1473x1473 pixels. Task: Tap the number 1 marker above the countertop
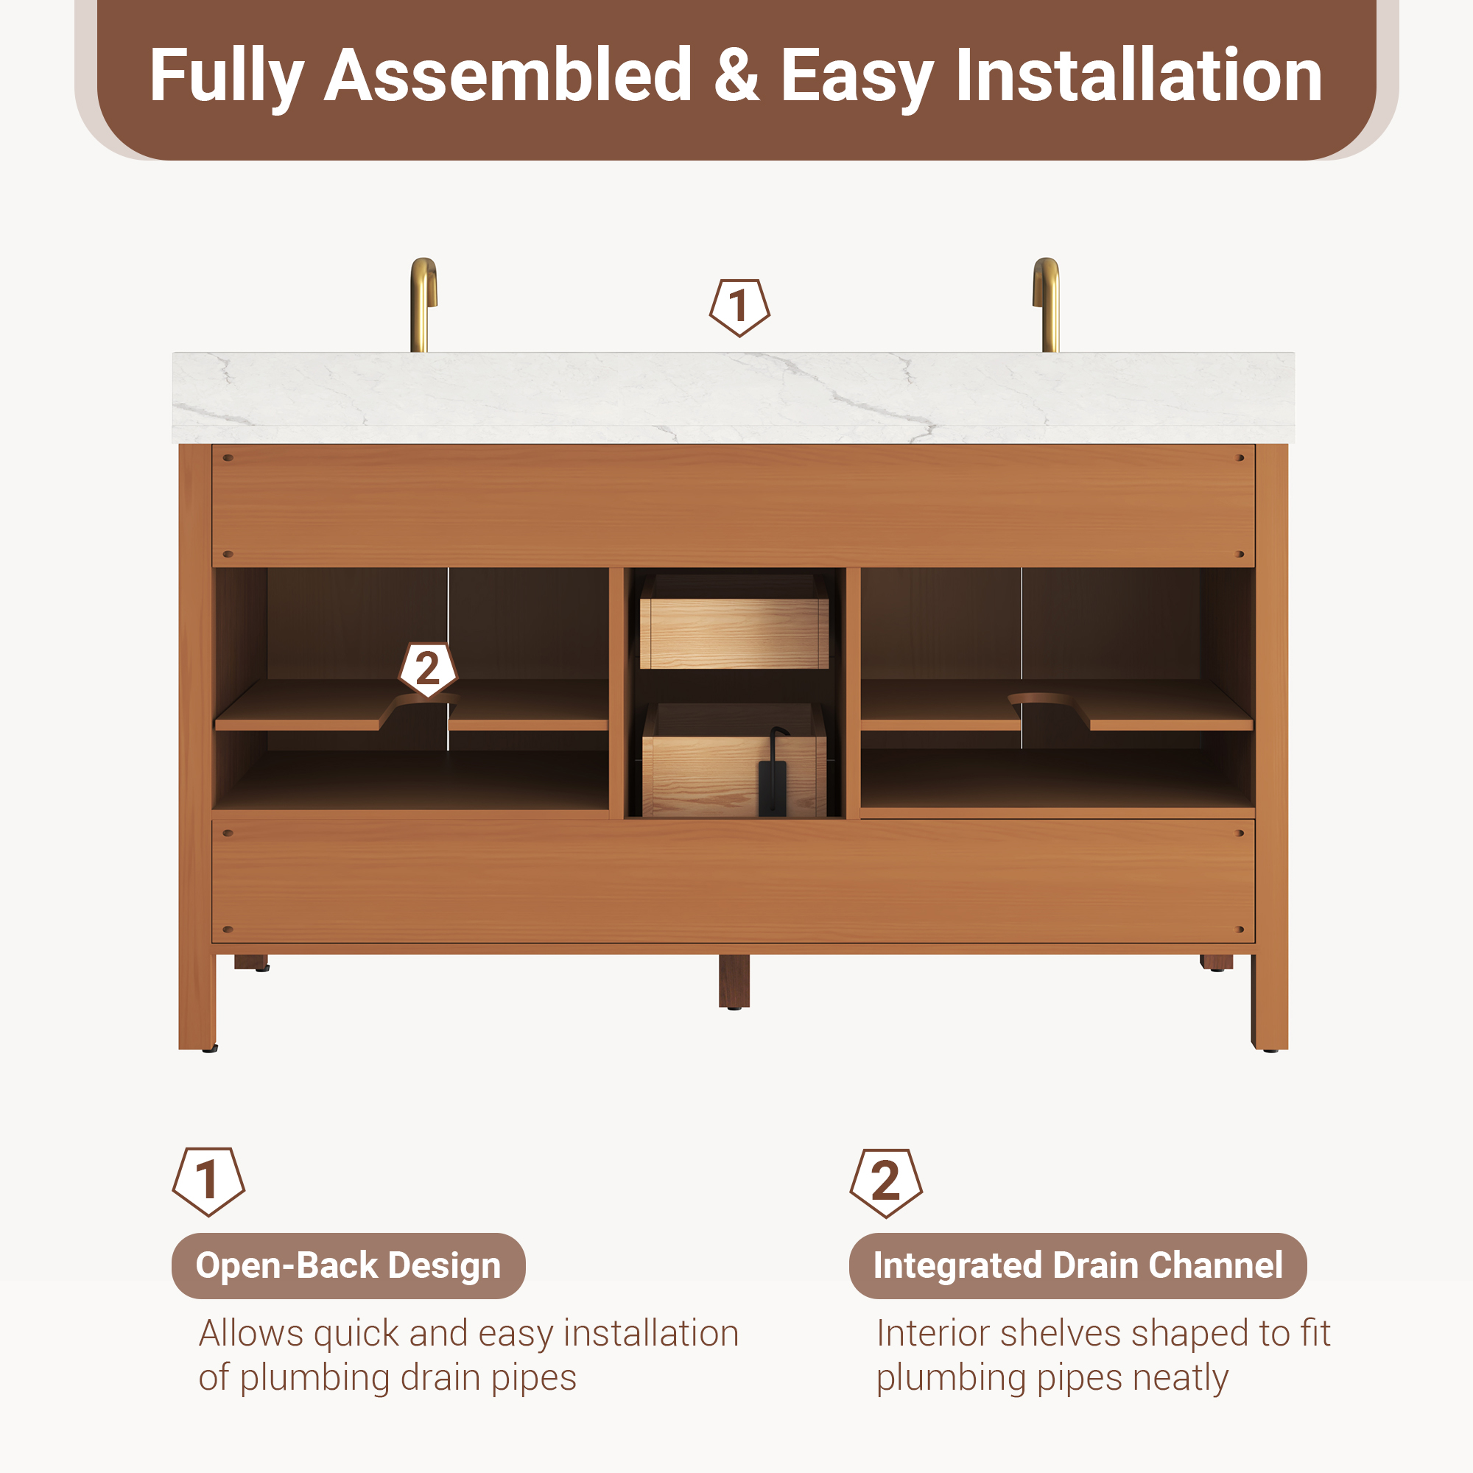click(739, 307)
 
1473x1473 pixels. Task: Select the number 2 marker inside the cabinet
click(428, 669)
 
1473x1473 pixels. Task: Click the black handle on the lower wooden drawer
click(773, 774)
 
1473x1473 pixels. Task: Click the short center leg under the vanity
click(734, 982)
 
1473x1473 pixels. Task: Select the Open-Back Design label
click(348, 1265)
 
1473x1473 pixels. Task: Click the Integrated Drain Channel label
click(1078, 1265)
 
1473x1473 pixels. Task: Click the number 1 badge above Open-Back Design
click(208, 1181)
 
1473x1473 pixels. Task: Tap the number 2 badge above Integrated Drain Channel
click(886, 1183)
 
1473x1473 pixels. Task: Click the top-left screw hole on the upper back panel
click(227, 458)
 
